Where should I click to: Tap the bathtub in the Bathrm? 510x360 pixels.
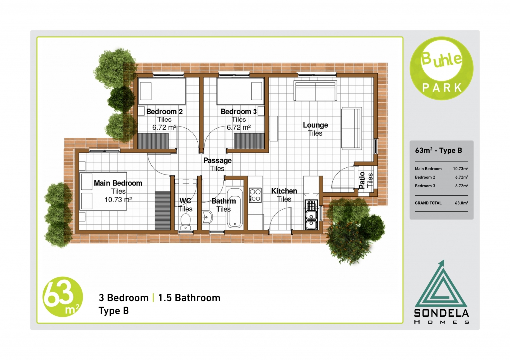[234, 208]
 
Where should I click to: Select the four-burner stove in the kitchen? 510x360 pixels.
[255, 195]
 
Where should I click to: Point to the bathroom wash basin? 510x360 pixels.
[207, 217]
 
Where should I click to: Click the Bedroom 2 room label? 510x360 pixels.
[164, 111]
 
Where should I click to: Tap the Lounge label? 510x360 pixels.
[315, 125]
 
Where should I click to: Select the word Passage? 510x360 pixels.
[217, 160]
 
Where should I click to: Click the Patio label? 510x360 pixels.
[362, 180]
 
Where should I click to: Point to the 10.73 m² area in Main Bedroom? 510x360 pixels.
[118, 199]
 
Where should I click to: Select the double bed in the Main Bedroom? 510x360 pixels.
[103, 191]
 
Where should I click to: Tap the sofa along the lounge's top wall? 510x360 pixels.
[315, 91]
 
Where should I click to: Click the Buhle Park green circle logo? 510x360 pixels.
[441, 68]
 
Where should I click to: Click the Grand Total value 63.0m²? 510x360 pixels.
[461, 203]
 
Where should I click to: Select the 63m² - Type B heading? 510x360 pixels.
[438, 150]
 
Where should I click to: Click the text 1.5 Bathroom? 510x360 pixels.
[189, 298]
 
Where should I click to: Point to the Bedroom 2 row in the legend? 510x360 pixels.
[441, 177]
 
